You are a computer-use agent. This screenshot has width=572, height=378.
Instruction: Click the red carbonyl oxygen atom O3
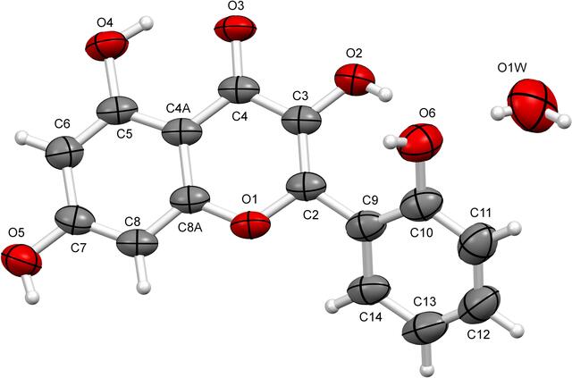click(x=235, y=29)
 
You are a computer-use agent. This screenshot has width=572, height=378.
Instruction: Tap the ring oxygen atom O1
click(x=250, y=225)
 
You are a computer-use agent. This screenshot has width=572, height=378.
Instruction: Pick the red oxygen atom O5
click(x=21, y=259)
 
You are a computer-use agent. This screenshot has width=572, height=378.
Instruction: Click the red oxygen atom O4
click(x=107, y=46)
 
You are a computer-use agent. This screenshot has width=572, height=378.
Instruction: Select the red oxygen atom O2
click(x=355, y=80)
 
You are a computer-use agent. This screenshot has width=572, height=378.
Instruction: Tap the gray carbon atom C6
click(x=64, y=153)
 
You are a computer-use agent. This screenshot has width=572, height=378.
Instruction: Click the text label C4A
click(x=179, y=108)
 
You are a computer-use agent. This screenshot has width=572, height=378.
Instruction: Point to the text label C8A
click(x=190, y=228)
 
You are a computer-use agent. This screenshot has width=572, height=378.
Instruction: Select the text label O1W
click(x=512, y=68)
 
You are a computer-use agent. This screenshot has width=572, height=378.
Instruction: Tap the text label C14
click(x=371, y=316)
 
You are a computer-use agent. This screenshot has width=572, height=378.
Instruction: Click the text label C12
click(x=479, y=333)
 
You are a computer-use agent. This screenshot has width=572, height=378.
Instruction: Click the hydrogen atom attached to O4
click(x=147, y=23)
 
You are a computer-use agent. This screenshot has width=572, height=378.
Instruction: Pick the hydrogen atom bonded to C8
click(x=143, y=286)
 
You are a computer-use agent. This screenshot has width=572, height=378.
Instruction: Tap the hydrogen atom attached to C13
click(x=426, y=370)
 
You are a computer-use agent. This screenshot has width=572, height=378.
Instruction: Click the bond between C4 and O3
click(x=237, y=59)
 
